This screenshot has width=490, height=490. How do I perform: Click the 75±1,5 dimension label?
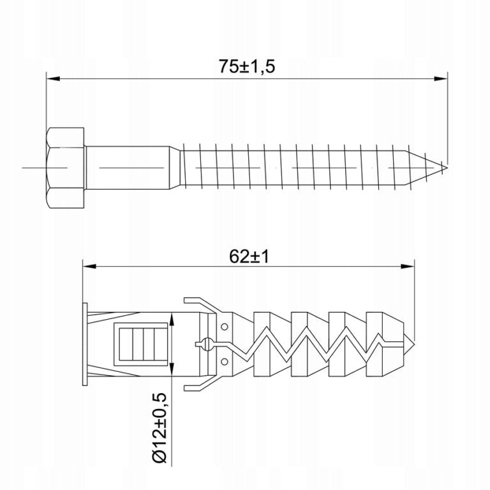(246, 66)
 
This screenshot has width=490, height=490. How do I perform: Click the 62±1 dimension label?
(249, 257)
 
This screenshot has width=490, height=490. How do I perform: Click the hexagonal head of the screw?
(65, 168)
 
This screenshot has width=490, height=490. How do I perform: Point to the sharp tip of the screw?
(446, 168)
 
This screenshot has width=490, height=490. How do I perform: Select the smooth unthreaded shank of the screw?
(128, 168)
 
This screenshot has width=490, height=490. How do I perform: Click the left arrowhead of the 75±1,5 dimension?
(53, 78)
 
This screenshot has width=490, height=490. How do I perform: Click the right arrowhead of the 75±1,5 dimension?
(441, 78)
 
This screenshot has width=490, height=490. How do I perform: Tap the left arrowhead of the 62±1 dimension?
(89, 266)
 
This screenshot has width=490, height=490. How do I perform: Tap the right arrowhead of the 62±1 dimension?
(408, 266)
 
